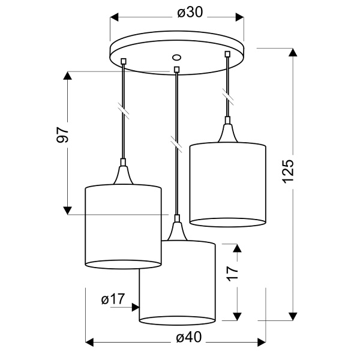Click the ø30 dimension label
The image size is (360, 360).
(x=190, y=13)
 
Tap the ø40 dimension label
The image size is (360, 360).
(x=189, y=337)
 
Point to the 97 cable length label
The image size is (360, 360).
(x=62, y=134)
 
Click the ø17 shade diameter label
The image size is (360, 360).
(x=113, y=299)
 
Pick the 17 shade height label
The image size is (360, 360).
(x=233, y=274)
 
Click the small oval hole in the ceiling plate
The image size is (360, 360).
(x=176, y=57)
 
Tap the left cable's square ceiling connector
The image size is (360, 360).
(x=124, y=61)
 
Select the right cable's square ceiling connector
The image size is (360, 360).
(x=227, y=54)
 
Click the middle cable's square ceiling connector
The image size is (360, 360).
(x=176, y=70)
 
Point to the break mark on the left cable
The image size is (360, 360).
(x=124, y=110)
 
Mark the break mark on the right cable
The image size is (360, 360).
(x=227, y=96)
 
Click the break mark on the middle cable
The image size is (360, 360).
(x=176, y=144)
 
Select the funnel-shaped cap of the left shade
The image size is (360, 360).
(x=124, y=175)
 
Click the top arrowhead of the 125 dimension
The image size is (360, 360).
(x=293, y=52)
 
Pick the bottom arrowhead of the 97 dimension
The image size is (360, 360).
(x=67, y=211)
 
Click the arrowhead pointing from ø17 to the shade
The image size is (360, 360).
(x=136, y=307)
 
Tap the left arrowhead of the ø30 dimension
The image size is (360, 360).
(x=115, y=17)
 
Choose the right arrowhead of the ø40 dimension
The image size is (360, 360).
(x=262, y=343)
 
